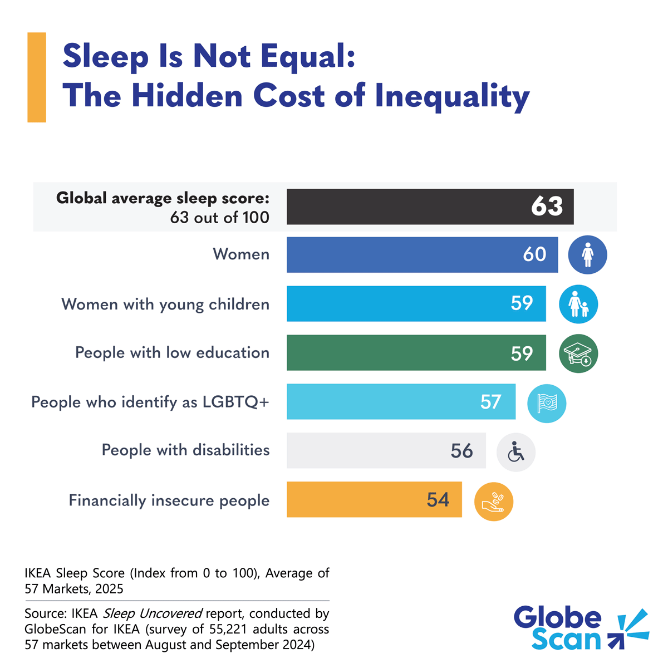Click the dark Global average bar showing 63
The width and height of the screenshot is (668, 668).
tap(430, 207)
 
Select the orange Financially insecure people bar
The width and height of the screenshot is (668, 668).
tap(374, 499)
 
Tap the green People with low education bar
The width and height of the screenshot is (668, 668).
tap(416, 352)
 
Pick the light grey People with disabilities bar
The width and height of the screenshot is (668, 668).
tap(386, 450)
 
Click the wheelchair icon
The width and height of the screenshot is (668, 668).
tap(516, 452)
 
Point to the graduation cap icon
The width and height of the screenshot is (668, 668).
tap(578, 353)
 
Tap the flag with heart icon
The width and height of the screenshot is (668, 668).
tap(547, 403)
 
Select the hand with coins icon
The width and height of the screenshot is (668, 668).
tap(493, 502)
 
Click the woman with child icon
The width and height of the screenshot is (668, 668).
tap(578, 304)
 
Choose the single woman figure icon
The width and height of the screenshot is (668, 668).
tap(587, 255)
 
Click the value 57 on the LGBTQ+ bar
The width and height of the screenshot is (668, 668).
tap(490, 402)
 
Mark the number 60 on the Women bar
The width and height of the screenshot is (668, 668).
tap(534, 254)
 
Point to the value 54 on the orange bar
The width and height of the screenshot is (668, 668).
tap(438, 500)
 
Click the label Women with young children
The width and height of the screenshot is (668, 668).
tap(165, 304)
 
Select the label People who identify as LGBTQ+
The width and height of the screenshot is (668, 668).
tap(150, 402)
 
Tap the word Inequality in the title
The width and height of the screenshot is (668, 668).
tap(452, 96)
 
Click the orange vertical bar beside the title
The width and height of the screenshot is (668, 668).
tap(37, 77)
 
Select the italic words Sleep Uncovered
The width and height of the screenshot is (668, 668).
tap(153, 613)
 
